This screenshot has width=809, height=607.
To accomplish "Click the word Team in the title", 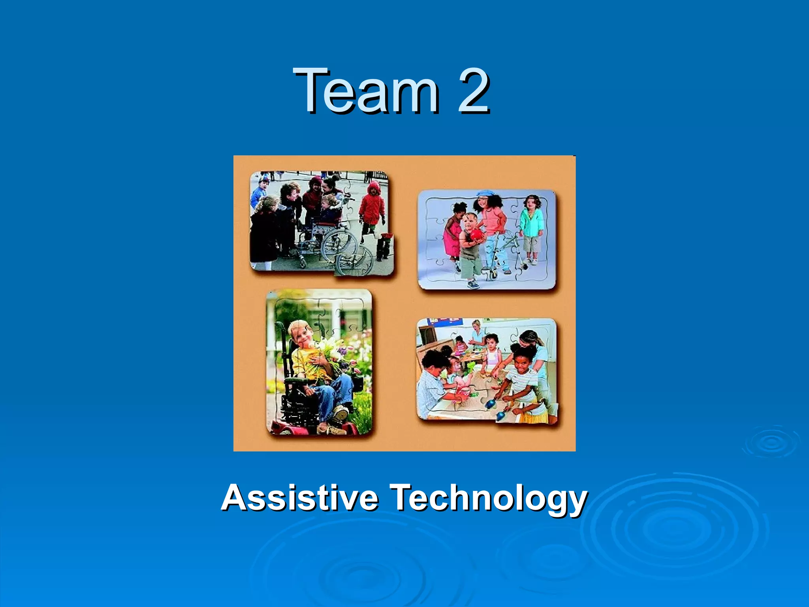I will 365,91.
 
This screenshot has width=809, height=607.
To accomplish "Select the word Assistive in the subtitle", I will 299,498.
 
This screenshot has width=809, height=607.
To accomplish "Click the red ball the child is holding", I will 477,236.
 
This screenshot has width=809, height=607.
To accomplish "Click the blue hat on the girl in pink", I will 485,194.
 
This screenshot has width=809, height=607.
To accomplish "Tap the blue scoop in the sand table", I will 491,403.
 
